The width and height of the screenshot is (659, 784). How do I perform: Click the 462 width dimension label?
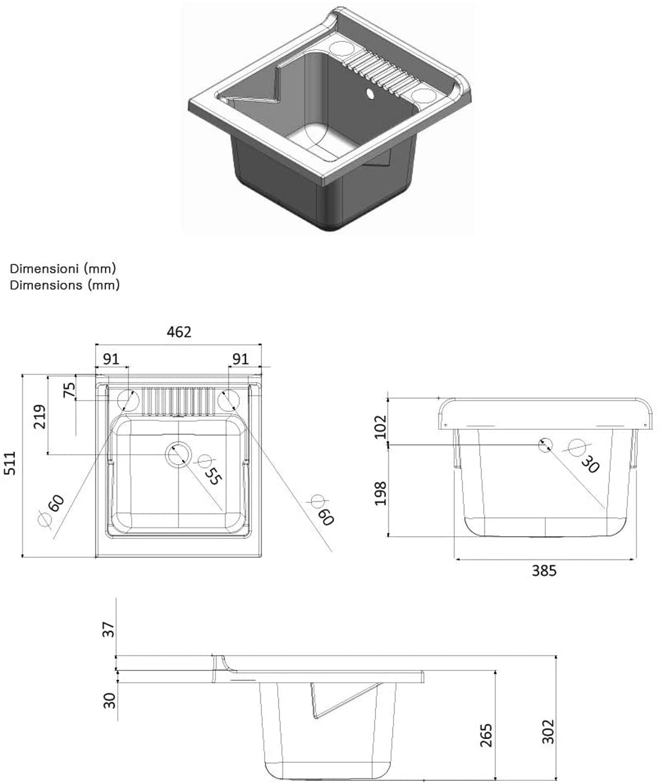coord(179,331)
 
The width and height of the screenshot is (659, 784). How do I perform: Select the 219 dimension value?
coord(39,417)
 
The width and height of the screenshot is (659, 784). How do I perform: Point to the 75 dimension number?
coord(69,390)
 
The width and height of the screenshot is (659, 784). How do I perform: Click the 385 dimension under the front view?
coord(544,571)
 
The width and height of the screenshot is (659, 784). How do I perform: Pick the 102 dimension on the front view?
coord(380,426)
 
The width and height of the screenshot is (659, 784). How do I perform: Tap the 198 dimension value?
coord(380,493)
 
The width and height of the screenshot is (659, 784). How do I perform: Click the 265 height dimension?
coord(486,735)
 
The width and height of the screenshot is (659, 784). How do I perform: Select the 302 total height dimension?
coord(548,731)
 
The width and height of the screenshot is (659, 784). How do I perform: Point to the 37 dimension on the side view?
coord(108,630)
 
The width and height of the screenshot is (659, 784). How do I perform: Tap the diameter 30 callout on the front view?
coord(583,457)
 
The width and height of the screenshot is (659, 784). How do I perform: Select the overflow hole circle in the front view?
coord(545,444)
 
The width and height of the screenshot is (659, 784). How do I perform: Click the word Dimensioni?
coord(44,268)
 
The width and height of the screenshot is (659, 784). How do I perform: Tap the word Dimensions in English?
coord(46,285)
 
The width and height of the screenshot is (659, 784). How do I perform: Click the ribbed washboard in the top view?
coord(178,402)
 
